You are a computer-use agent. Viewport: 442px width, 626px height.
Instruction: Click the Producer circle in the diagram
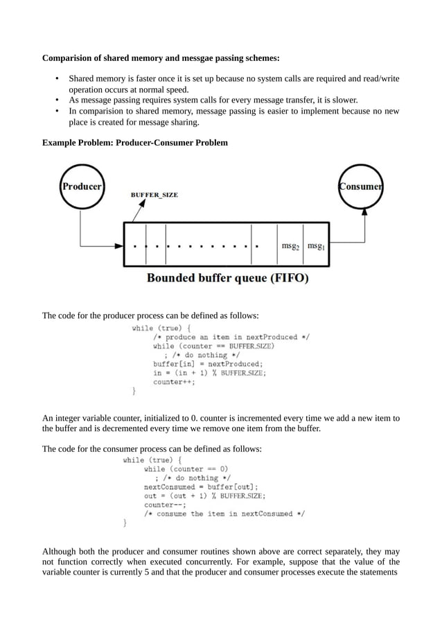[x=82, y=186]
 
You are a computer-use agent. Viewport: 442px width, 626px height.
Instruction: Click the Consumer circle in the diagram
[x=361, y=186]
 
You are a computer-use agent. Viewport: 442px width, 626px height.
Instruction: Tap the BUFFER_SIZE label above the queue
[x=154, y=195]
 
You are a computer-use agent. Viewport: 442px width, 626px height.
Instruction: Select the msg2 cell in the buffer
[x=290, y=245]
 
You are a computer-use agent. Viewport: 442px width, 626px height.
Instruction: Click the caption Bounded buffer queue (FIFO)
[x=227, y=279]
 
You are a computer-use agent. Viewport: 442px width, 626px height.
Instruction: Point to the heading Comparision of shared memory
[x=161, y=58]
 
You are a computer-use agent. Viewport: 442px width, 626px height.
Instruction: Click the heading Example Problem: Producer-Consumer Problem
[x=134, y=143]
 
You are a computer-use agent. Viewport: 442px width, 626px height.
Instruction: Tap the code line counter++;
[x=174, y=381]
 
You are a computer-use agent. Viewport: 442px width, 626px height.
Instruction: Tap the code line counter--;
[x=163, y=505]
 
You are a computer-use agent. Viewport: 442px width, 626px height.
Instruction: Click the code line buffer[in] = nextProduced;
[x=208, y=363]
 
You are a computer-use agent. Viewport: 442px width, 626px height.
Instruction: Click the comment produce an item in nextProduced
[x=231, y=336]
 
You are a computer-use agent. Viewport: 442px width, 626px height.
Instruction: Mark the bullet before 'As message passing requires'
[x=56, y=100]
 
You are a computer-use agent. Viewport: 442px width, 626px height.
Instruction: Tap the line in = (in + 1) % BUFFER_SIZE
[x=209, y=372]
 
